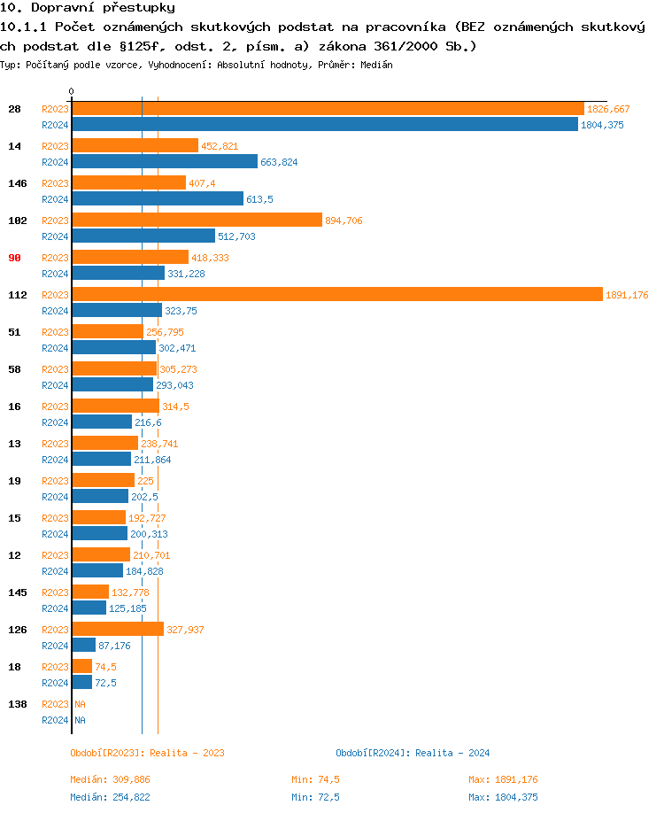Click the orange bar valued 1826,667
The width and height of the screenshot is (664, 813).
(x=328, y=108)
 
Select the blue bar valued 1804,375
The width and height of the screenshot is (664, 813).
(x=324, y=125)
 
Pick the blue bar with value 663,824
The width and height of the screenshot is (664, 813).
(x=165, y=162)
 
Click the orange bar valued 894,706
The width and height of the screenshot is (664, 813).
(x=197, y=220)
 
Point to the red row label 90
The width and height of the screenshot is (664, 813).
(x=14, y=258)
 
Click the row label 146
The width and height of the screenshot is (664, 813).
(x=18, y=183)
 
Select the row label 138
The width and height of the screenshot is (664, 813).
(x=18, y=704)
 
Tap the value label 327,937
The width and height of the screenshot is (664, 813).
(x=185, y=630)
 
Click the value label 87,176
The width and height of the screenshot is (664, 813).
(x=114, y=646)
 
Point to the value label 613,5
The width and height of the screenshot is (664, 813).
(x=259, y=199)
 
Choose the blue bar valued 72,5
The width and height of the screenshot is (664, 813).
(x=81, y=683)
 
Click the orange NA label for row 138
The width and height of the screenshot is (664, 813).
(x=80, y=704)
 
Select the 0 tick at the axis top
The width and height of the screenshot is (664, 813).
(x=72, y=91)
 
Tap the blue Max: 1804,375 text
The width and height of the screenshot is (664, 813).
(x=503, y=797)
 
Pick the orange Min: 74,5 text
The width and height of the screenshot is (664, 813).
(x=316, y=779)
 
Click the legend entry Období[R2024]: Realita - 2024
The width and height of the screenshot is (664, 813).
(x=413, y=753)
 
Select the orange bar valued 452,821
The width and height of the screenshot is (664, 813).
(x=135, y=145)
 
